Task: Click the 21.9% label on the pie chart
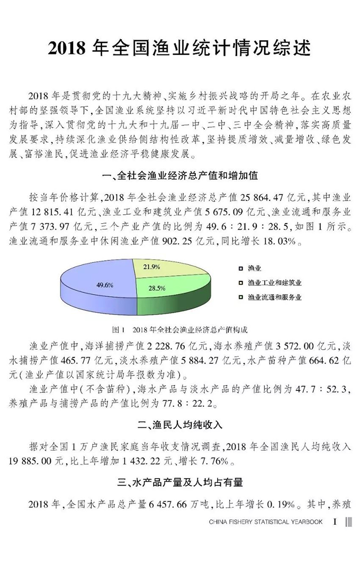151,267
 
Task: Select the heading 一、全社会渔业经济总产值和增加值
179,175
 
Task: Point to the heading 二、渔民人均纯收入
180,425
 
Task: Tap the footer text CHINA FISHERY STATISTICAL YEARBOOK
265,522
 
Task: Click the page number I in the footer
335,522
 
